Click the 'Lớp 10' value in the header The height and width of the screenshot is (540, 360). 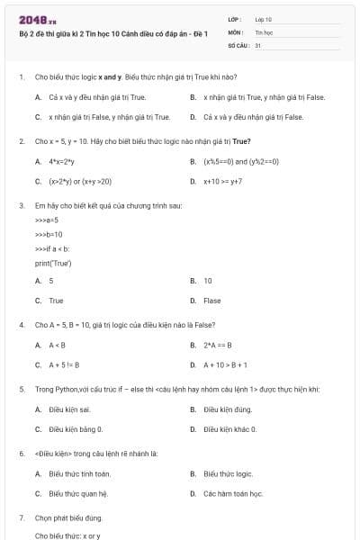(x=263, y=18)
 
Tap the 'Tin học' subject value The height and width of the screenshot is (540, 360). (x=263, y=31)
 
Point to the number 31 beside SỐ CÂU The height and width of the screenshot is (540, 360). (x=258, y=43)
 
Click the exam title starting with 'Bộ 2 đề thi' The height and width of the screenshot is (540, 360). (x=112, y=33)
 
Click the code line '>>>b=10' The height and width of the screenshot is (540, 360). (x=48, y=234)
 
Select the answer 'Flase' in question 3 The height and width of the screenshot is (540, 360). (x=212, y=301)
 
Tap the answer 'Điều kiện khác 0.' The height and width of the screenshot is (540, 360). (x=230, y=429)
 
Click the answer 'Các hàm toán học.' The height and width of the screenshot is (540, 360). (x=233, y=493)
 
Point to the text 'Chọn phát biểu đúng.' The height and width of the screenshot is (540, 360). (x=68, y=518)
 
